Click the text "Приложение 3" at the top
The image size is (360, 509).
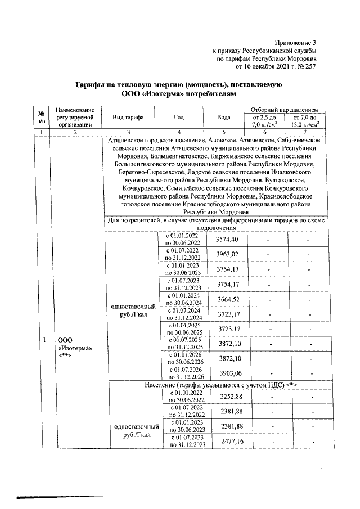(295, 43)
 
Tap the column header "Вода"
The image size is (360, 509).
(223, 117)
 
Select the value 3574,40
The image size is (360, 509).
(227, 240)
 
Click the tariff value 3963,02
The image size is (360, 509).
(227, 254)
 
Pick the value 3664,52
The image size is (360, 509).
(227, 298)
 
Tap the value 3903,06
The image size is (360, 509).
(227, 372)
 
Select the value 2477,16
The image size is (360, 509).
(227, 440)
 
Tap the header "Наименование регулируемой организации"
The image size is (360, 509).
(70, 117)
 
